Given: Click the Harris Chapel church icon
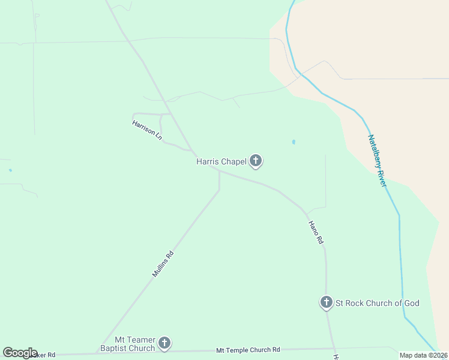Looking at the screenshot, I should (x=256, y=161).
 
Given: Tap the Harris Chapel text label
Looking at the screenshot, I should (x=221, y=161).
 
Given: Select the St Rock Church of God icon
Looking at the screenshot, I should (x=326, y=302).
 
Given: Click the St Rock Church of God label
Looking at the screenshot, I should (x=377, y=303).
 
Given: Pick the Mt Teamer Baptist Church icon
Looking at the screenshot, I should (x=164, y=343).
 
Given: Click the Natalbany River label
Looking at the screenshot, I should (x=376, y=160).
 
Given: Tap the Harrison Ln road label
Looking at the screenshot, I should (x=148, y=130).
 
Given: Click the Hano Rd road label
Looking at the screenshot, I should (x=316, y=232).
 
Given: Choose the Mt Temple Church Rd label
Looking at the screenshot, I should (x=248, y=350).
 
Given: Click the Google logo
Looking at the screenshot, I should (x=20, y=353).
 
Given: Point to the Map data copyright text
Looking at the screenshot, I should (x=423, y=355).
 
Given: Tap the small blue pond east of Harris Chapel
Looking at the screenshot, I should (x=294, y=142).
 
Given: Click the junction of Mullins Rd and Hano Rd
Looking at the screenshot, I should (x=219, y=172).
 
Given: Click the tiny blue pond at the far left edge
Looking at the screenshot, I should (x=10, y=170).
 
